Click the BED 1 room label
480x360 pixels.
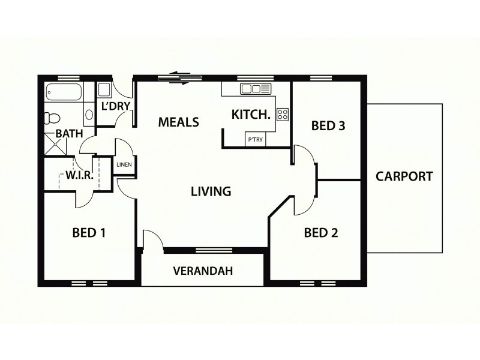89,232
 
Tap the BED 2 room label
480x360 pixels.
320,232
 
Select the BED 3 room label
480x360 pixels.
328,126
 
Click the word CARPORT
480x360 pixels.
404,176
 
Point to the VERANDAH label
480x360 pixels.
203,271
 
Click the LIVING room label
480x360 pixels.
211,191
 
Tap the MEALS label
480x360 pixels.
178,122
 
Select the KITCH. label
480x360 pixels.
251,114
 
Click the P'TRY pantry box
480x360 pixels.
254,140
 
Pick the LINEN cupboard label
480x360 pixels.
124,164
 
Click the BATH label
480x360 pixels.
69,134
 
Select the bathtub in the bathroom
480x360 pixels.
63,94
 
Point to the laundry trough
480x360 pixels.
104,91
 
